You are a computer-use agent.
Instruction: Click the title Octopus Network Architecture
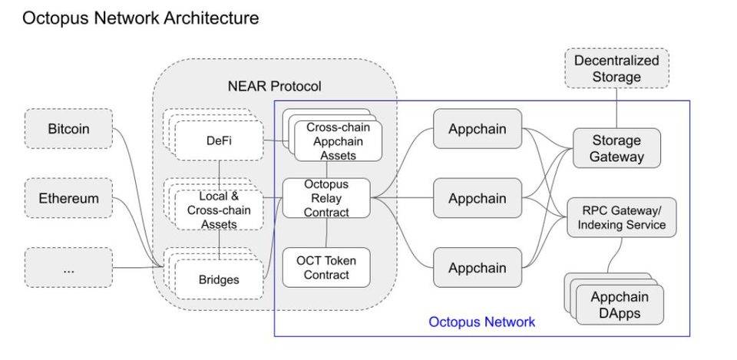(x=140, y=18)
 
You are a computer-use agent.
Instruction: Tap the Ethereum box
(x=68, y=198)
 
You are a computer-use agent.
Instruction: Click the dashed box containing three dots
(x=68, y=269)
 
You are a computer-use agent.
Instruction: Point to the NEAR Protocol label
(x=274, y=86)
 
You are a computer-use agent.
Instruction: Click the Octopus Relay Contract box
(x=326, y=198)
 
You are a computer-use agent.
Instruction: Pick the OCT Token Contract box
(x=326, y=267)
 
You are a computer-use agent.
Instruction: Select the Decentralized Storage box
(x=616, y=68)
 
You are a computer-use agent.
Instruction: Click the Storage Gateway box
(x=616, y=149)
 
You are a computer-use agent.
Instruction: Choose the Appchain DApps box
(x=619, y=305)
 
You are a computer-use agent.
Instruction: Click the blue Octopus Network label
(x=481, y=322)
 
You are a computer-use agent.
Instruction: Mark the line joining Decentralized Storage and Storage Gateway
(x=616, y=107)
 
